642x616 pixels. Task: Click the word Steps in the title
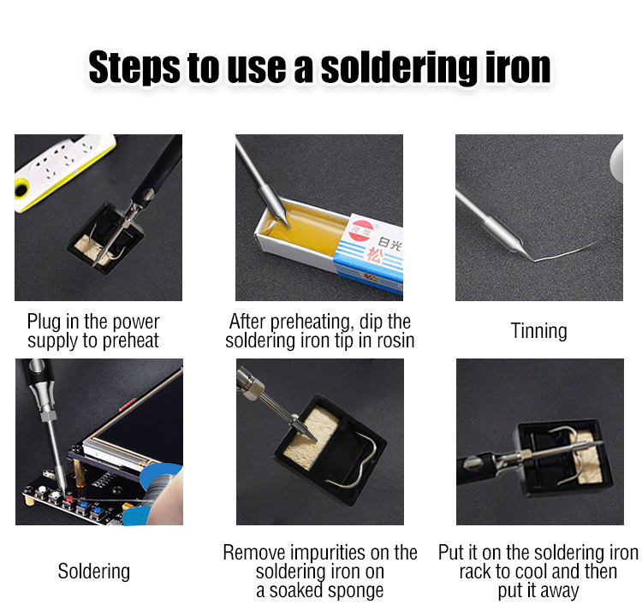[134, 68]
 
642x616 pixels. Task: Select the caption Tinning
[538, 331]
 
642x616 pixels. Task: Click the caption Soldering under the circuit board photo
[94, 572]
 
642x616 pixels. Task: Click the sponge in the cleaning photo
[312, 439]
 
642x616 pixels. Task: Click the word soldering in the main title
[399, 68]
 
